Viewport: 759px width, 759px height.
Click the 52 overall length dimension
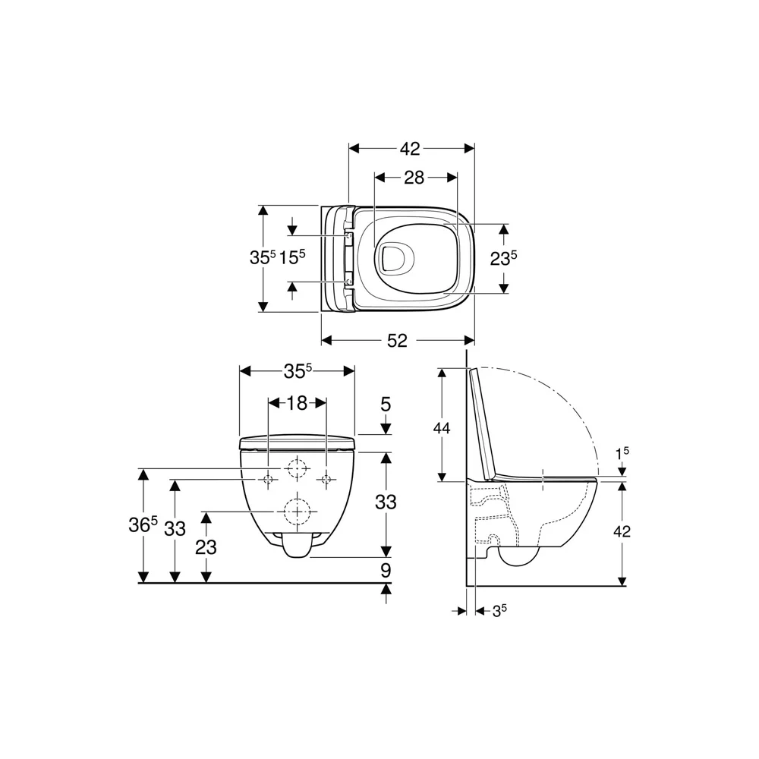397,342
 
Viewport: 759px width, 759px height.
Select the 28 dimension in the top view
414,178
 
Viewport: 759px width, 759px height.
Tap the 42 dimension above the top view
411,148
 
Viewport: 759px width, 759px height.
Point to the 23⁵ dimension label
502,258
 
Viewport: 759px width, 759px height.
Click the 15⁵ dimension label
292,258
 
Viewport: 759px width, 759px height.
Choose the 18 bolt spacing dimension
297,403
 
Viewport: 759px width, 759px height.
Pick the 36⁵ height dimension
143,525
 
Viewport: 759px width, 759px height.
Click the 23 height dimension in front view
206,546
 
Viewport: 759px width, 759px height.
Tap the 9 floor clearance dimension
386,569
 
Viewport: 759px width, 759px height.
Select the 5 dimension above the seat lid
386,405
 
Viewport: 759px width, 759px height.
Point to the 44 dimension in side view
442,428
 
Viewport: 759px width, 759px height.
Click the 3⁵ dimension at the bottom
499,610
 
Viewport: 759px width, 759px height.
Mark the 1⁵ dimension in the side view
622,454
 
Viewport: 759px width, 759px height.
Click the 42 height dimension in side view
622,531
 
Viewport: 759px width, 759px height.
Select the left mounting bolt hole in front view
268,479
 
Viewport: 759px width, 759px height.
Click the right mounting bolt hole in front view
326,479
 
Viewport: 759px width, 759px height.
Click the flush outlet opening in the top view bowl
393,258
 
